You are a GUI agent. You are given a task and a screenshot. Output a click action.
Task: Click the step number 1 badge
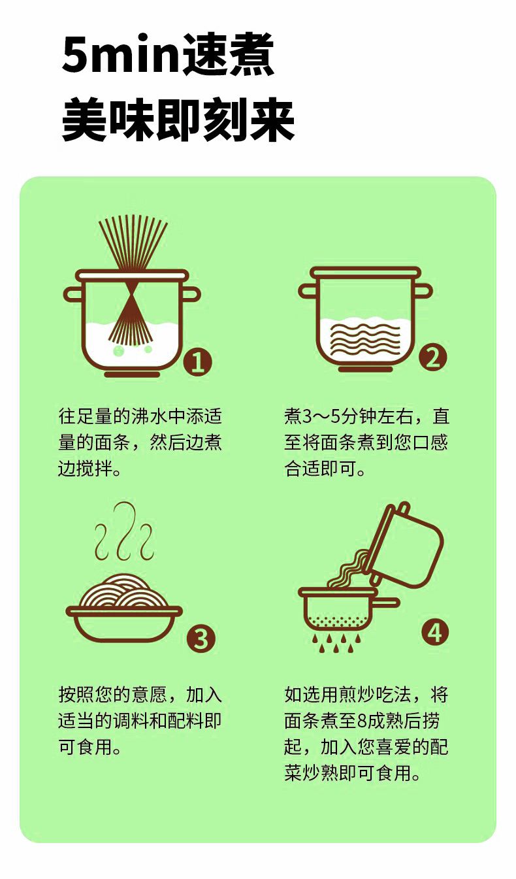(x=198, y=362)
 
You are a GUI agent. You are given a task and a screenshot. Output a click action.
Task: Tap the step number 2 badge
(x=432, y=357)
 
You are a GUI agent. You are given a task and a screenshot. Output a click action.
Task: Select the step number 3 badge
(x=201, y=639)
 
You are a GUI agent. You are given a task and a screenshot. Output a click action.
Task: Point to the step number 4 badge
(x=435, y=633)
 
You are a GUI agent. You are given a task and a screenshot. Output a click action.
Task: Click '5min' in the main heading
(x=122, y=54)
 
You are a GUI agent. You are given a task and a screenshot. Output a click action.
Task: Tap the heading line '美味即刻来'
(x=178, y=120)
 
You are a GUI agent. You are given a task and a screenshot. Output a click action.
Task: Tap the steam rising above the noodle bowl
(x=124, y=531)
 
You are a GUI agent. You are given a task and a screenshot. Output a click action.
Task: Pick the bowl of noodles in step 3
(x=124, y=607)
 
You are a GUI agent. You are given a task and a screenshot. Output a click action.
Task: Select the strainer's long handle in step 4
(x=387, y=603)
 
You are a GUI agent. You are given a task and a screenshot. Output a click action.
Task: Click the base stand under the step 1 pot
(x=132, y=374)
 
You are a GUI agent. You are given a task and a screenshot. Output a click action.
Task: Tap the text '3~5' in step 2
(x=321, y=416)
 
